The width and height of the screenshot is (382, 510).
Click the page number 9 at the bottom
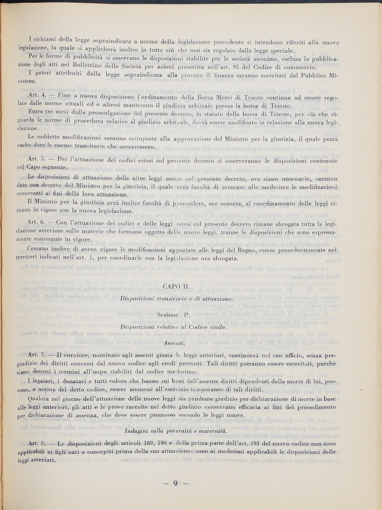point(175,483)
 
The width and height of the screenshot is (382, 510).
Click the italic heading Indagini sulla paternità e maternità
point(175,431)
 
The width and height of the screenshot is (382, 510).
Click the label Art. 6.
point(35,222)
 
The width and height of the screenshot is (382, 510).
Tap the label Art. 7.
point(35,355)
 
